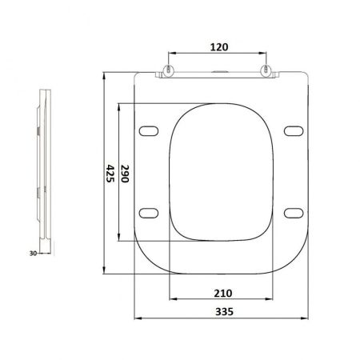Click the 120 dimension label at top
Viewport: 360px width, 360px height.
[x=218, y=46]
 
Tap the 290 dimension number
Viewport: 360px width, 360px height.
[x=124, y=174]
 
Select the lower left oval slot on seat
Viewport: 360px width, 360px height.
[x=150, y=212]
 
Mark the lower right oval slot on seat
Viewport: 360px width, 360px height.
[x=293, y=212]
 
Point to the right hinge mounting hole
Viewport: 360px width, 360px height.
[x=266, y=70]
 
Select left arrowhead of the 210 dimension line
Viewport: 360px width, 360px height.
[x=171, y=300]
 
